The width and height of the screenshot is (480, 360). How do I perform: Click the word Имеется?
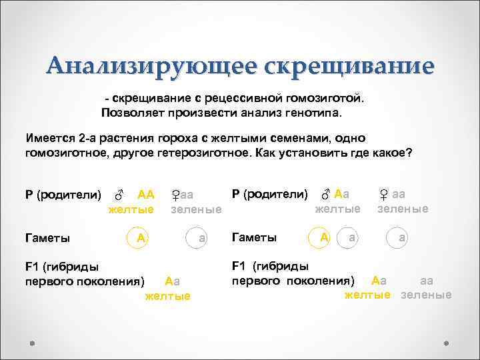(x=49, y=138)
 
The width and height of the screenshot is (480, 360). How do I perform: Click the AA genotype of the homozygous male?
(x=145, y=195)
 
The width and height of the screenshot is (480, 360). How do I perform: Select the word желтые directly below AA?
(x=131, y=209)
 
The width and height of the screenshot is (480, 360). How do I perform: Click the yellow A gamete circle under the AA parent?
(x=138, y=237)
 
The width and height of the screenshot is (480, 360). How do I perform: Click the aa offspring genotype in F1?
(x=428, y=281)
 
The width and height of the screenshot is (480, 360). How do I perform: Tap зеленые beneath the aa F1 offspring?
(x=427, y=295)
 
